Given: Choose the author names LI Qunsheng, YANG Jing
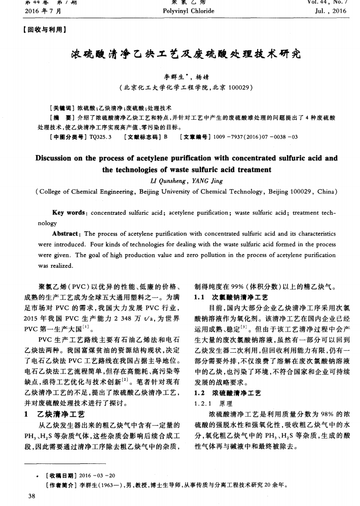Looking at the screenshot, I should pos(180,180).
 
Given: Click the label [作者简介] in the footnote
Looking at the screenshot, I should pos(59,485).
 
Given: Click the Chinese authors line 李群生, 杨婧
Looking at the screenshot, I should pos(180,77).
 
